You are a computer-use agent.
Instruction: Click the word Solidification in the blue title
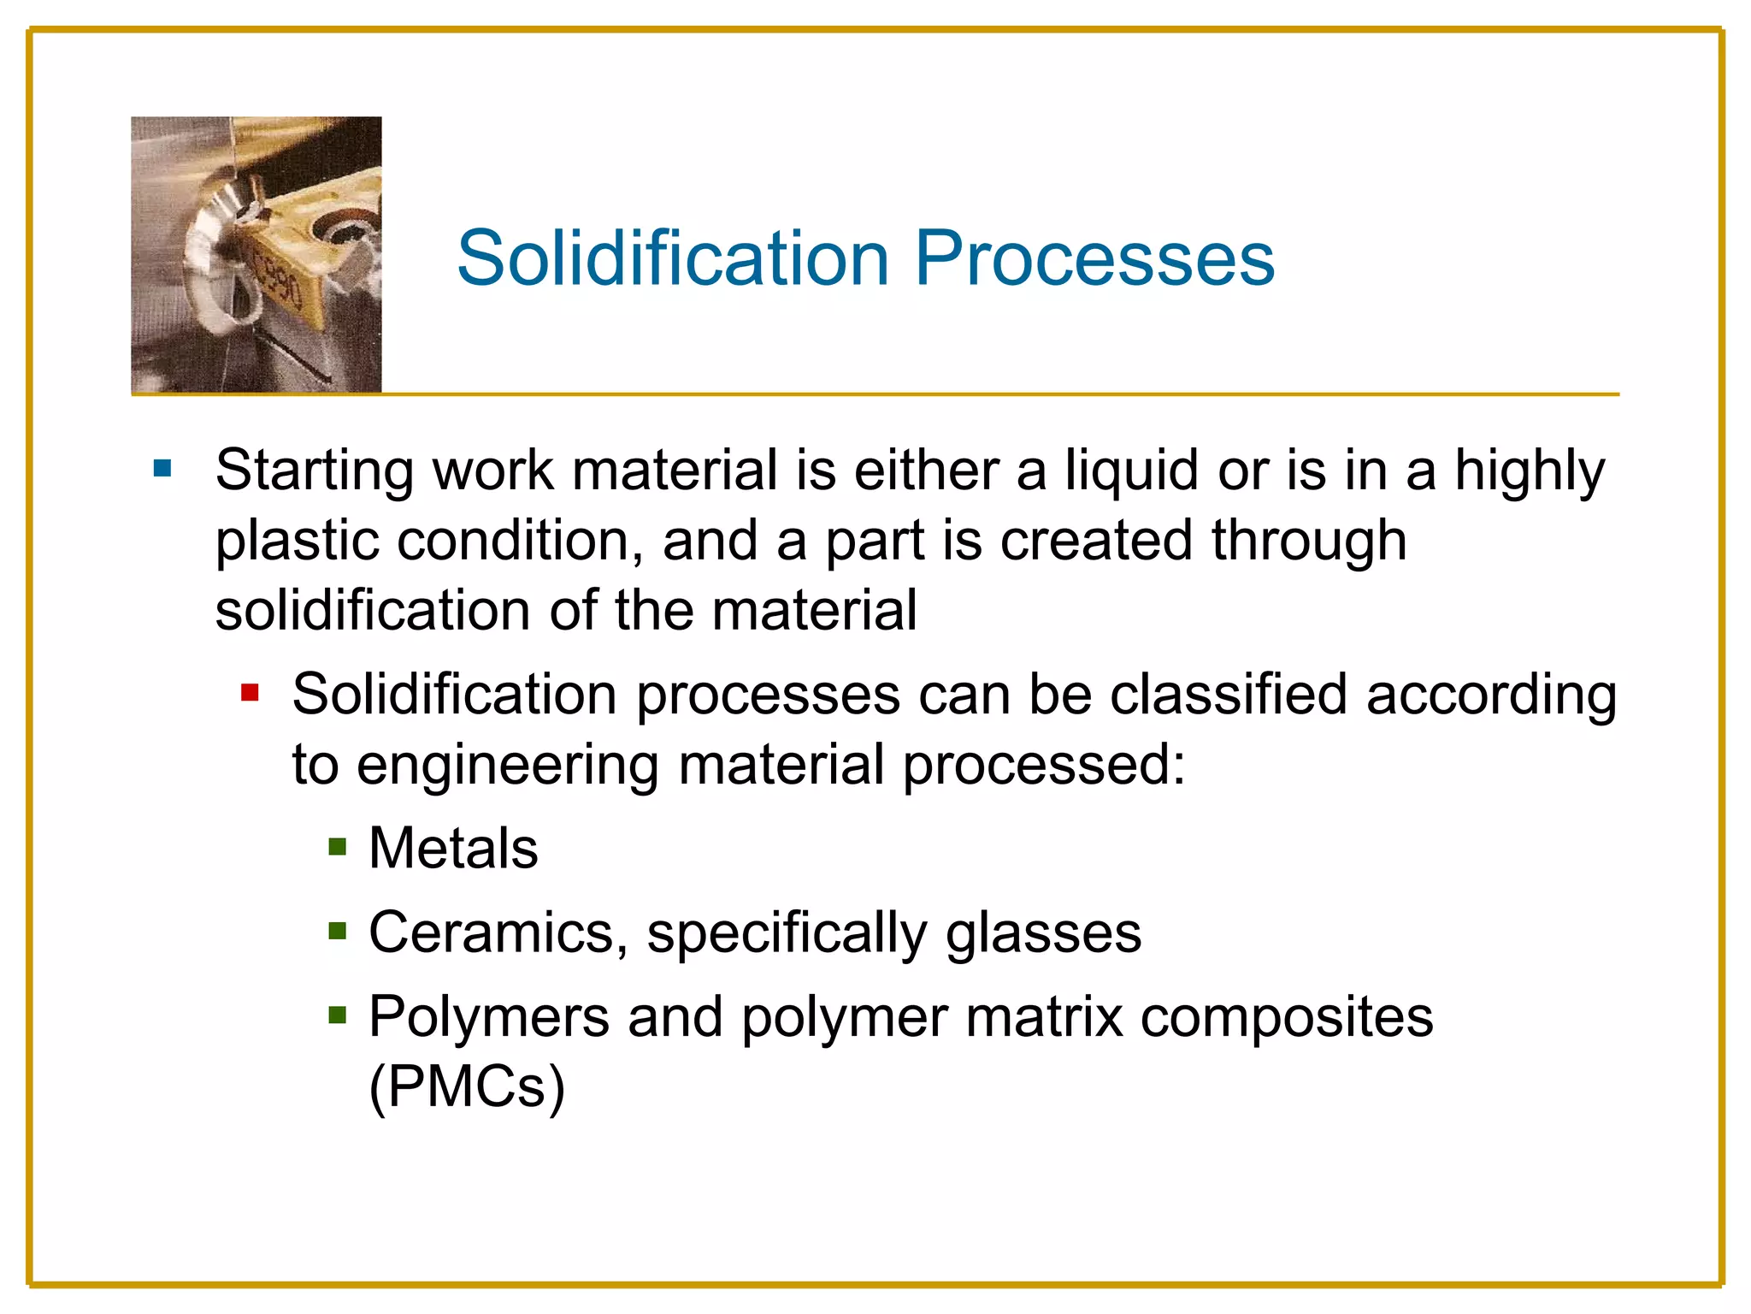coord(674,257)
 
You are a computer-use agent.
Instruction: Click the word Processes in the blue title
coord(1094,257)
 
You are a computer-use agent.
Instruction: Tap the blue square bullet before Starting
coord(162,469)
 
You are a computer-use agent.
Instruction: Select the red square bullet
coord(250,692)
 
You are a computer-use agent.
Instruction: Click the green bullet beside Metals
coord(338,847)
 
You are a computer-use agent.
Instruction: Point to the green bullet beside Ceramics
coord(338,931)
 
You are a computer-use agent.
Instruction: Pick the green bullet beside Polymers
coord(338,1015)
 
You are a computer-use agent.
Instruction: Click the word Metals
coord(453,848)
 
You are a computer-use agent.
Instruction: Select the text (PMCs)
coord(467,1086)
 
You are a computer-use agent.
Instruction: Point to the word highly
coord(1530,472)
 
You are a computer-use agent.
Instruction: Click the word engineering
coord(507,766)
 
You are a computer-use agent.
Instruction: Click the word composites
coord(1287,1018)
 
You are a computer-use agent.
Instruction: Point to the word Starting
coord(315,471)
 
